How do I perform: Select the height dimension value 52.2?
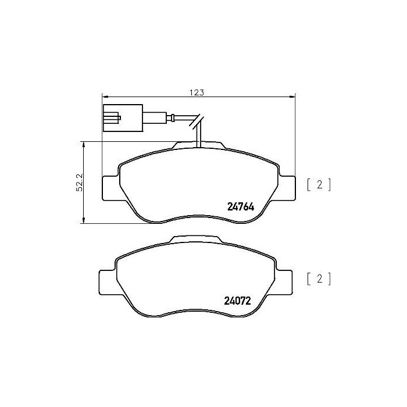tap(78, 182)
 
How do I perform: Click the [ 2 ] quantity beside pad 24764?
tap(319, 185)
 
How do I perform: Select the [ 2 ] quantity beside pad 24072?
tap(319, 279)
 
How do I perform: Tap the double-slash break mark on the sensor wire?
tap(198, 120)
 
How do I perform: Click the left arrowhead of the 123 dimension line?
tap(104, 97)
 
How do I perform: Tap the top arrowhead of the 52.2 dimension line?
tap(84, 143)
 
